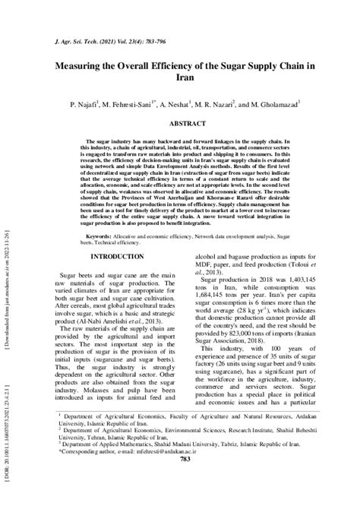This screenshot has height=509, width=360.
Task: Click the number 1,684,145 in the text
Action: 220,319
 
